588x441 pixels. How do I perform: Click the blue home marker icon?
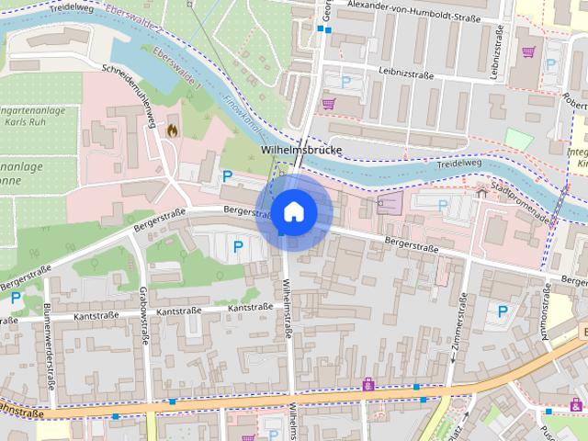(x=293, y=212)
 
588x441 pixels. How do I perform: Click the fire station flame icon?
(x=171, y=130)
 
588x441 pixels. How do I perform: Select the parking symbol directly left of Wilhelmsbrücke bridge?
(x=227, y=175)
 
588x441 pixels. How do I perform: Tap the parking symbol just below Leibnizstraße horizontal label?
(x=346, y=82)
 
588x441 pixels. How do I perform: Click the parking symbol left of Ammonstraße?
(x=503, y=311)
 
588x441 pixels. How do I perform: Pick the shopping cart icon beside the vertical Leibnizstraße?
(x=528, y=52)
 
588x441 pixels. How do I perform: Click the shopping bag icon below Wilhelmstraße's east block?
(x=368, y=382)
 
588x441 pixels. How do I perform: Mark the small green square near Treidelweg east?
(x=519, y=140)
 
